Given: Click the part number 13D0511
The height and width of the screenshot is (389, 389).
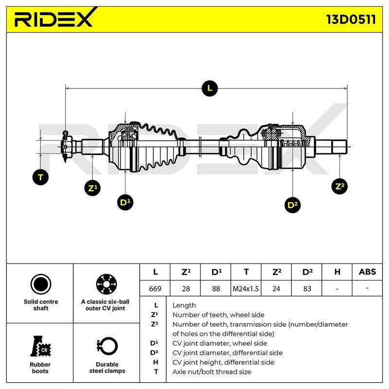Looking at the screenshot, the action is point(351,19).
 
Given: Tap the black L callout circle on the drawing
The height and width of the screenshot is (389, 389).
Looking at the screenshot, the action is point(210,88).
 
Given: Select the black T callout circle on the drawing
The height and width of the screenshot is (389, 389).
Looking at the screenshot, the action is point(40,177).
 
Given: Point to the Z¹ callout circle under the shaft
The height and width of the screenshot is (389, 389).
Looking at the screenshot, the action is point(92,188).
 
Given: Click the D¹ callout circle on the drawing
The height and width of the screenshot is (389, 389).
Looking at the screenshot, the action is point(125,202).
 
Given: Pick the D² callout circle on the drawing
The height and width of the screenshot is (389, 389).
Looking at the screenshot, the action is point(293,205).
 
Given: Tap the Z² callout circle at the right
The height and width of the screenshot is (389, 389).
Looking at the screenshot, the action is point(339,186).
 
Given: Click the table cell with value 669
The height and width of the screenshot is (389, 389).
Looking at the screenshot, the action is point(155,288).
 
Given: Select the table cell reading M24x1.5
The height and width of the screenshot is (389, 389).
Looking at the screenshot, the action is point(246,288).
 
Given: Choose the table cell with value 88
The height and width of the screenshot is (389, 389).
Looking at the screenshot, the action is point(216,288).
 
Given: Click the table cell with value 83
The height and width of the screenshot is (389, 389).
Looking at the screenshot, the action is point(307,288).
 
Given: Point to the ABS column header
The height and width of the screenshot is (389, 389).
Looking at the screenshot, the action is point(367,272).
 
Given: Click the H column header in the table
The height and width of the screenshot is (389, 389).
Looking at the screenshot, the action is point(337,272).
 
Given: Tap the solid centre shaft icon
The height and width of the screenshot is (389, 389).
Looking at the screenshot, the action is point(41,284).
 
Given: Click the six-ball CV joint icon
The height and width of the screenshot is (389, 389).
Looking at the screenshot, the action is point(106,284).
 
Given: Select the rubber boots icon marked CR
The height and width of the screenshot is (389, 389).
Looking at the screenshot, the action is point(40,346).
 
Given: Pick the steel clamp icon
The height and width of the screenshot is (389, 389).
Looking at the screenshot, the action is point(107,346).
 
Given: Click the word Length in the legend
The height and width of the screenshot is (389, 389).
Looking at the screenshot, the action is point(184,305).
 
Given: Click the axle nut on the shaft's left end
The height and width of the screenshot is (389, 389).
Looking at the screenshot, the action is point(66,147).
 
